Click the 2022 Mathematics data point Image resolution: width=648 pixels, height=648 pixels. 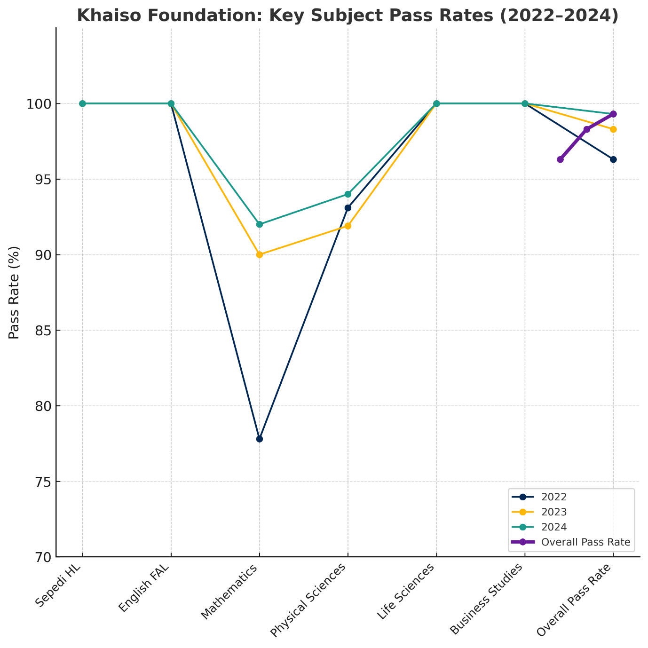pyautogui.click(x=260, y=439)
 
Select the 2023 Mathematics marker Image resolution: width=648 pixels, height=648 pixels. pyautogui.click(x=260, y=254)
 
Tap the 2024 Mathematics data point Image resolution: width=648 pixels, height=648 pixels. pyautogui.click(x=260, y=224)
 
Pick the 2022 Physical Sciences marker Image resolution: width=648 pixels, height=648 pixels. pyautogui.click(x=348, y=208)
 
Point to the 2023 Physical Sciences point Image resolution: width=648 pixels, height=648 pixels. pyautogui.click(x=348, y=226)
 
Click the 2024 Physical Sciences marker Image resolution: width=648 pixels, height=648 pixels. pyautogui.click(x=348, y=194)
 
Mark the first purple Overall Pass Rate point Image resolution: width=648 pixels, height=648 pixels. pyautogui.click(x=560, y=159)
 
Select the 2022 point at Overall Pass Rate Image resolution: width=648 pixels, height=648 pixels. pyautogui.click(x=613, y=159)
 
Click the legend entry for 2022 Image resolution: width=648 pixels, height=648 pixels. pyautogui.click(x=554, y=497)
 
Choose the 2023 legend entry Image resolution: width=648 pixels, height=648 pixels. pyautogui.click(x=554, y=512)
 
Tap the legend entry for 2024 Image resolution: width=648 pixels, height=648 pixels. pyautogui.click(x=554, y=527)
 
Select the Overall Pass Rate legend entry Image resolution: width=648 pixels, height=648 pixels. pyautogui.click(x=585, y=542)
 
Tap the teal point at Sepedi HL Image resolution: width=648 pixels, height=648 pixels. pyautogui.click(x=82, y=103)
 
